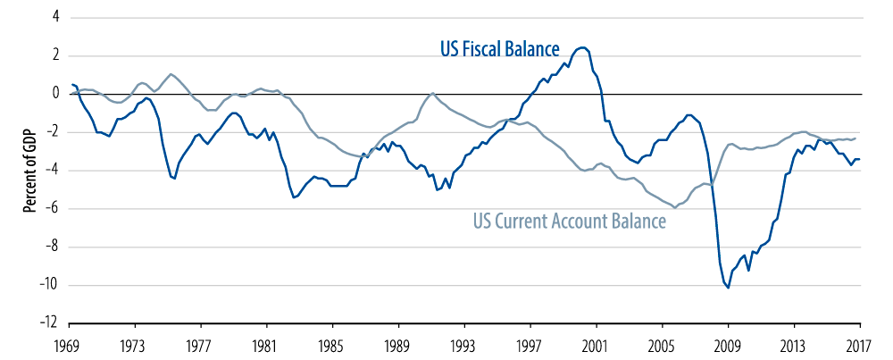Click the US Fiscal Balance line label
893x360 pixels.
click(x=499, y=48)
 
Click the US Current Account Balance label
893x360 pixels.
click(x=568, y=221)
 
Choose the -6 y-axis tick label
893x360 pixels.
click(x=53, y=208)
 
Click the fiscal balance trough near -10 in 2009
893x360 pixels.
click(x=729, y=288)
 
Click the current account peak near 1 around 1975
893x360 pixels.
click(x=171, y=73)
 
